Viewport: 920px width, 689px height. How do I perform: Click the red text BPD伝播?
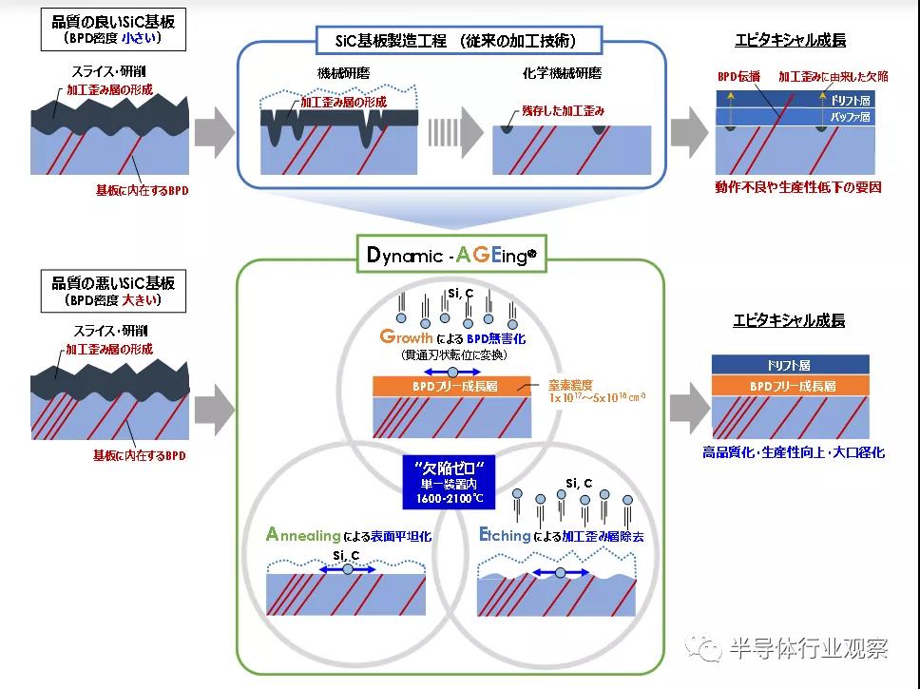[739, 75]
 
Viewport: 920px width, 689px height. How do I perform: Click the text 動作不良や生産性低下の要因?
[798, 187]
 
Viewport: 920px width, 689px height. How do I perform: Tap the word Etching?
[505, 535]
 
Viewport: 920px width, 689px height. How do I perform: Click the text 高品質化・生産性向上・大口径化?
[793, 452]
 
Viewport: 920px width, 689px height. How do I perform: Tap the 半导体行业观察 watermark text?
[808, 649]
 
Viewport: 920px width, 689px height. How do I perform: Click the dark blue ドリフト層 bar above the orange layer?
[791, 365]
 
